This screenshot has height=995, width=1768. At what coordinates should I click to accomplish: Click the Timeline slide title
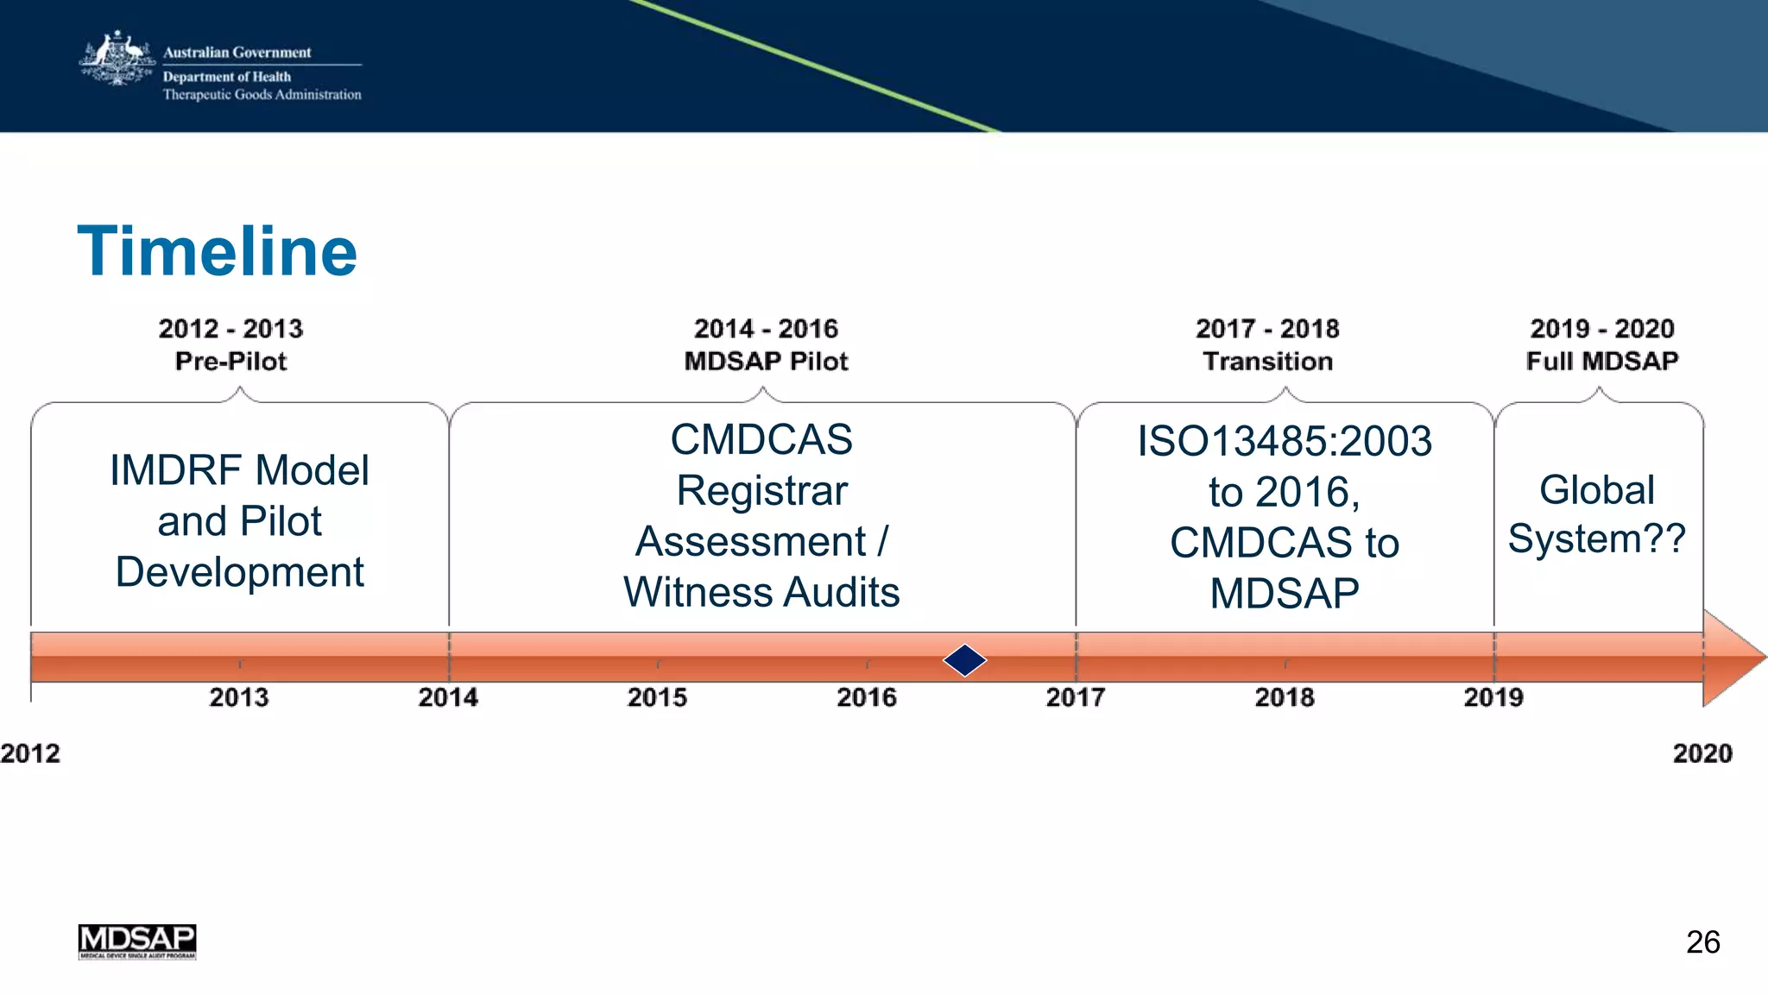pos(217,251)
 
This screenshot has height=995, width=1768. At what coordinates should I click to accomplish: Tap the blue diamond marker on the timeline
pos(964,660)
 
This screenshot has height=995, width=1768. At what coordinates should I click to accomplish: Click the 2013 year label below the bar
pos(239,697)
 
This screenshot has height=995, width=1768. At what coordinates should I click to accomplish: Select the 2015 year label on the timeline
pos(657,697)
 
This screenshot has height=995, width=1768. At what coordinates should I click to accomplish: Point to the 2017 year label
pos(1075,697)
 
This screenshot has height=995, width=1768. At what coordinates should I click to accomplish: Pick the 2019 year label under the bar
pos(1493,697)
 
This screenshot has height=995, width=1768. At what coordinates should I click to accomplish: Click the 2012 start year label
pos(30,753)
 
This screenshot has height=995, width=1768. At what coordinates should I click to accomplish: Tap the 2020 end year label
pos(1702,753)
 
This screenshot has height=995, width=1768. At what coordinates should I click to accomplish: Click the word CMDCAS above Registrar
pos(761,440)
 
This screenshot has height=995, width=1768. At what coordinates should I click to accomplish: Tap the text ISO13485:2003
pos(1285,442)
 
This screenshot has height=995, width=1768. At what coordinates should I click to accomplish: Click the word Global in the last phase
pos(1597,490)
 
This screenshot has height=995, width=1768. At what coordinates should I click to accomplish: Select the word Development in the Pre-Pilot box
pos(240,572)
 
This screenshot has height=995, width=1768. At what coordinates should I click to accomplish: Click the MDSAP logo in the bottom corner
pos(137,941)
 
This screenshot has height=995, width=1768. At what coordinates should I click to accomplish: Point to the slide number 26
pos(1702,941)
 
